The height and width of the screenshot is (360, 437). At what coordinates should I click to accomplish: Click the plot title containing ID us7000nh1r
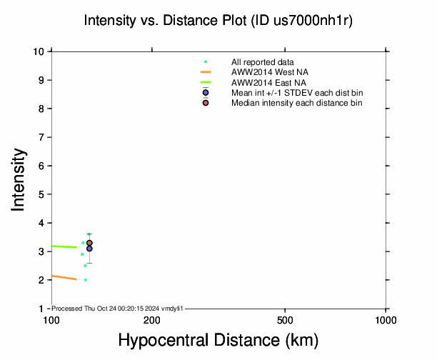218,21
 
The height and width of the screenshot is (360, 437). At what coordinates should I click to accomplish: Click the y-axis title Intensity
20,179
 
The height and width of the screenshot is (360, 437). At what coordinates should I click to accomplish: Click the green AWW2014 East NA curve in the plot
64,246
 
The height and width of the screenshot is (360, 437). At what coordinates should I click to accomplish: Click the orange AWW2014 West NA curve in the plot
64,277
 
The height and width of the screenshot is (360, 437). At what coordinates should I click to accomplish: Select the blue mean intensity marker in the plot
89,249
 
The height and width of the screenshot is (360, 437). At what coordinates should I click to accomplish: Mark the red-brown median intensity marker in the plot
89,243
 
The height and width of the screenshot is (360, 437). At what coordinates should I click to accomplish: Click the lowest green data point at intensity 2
85,280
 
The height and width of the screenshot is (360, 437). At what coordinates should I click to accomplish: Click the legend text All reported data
263,62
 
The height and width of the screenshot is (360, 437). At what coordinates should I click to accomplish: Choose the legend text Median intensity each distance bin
296,104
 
